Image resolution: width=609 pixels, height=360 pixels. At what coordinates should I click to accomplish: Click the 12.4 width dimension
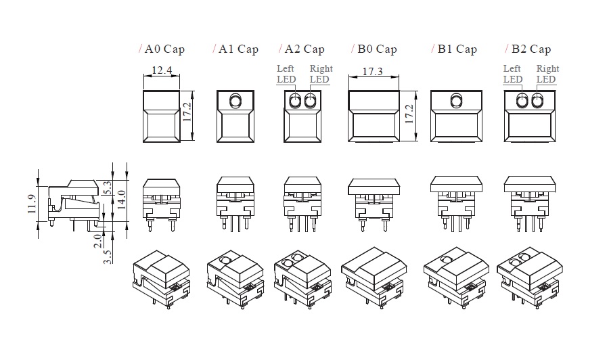(x=162, y=70)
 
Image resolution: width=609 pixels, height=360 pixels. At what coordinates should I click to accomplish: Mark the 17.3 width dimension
(x=374, y=71)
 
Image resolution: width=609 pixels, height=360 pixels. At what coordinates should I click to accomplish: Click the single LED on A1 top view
(x=235, y=102)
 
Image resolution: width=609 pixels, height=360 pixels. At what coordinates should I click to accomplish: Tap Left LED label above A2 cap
(x=286, y=74)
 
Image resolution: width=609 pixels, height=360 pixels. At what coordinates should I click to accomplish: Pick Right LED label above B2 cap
(x=547, y=74)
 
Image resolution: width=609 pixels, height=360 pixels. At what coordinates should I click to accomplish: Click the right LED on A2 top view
(x=311, y=102)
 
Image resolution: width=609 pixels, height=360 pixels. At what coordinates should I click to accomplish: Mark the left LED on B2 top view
(x=522, y=102)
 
